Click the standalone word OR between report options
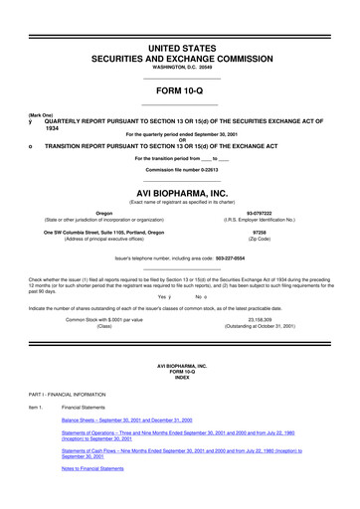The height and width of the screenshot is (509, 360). pyautogui.click(x=180, y=140)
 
